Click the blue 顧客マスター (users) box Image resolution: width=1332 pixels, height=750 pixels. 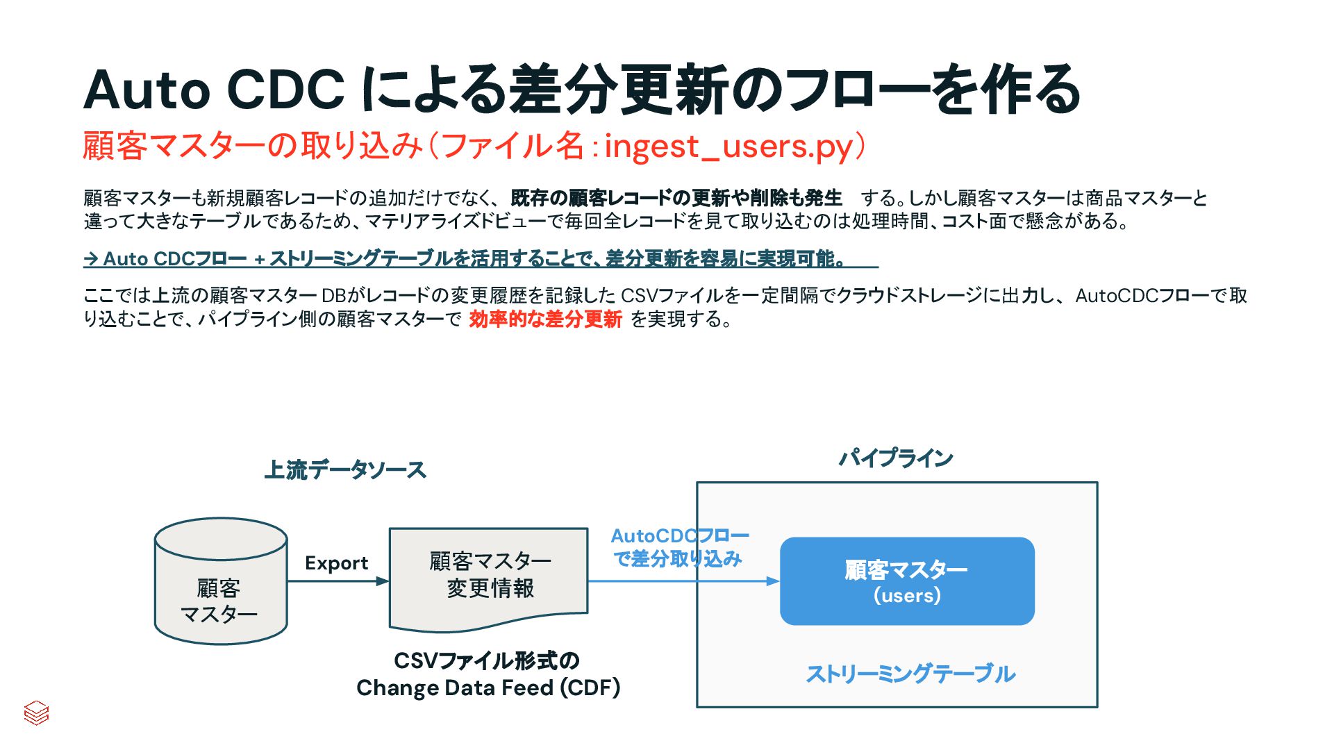point(907,581)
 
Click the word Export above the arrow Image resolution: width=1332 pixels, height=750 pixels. point(336,562)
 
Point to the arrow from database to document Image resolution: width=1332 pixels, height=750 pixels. point(338,581)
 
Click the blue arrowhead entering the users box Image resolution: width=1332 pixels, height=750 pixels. point(772,581)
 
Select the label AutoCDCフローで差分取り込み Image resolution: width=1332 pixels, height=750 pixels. point(679,547)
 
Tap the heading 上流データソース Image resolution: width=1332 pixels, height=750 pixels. point(344,470)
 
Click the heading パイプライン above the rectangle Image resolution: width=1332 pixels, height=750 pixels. point(895,458)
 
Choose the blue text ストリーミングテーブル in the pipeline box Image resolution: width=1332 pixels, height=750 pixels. point(910,674)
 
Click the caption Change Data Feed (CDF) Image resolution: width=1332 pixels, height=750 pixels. point(488,687)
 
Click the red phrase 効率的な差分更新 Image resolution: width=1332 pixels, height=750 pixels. point(545,319)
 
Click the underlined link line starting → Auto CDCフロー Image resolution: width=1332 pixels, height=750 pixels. point(479,259)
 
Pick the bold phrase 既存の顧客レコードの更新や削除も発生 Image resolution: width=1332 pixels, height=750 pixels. point(676,199)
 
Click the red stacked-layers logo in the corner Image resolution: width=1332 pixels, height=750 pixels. point(36,712)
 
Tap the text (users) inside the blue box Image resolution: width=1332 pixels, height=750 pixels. point(907,595)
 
